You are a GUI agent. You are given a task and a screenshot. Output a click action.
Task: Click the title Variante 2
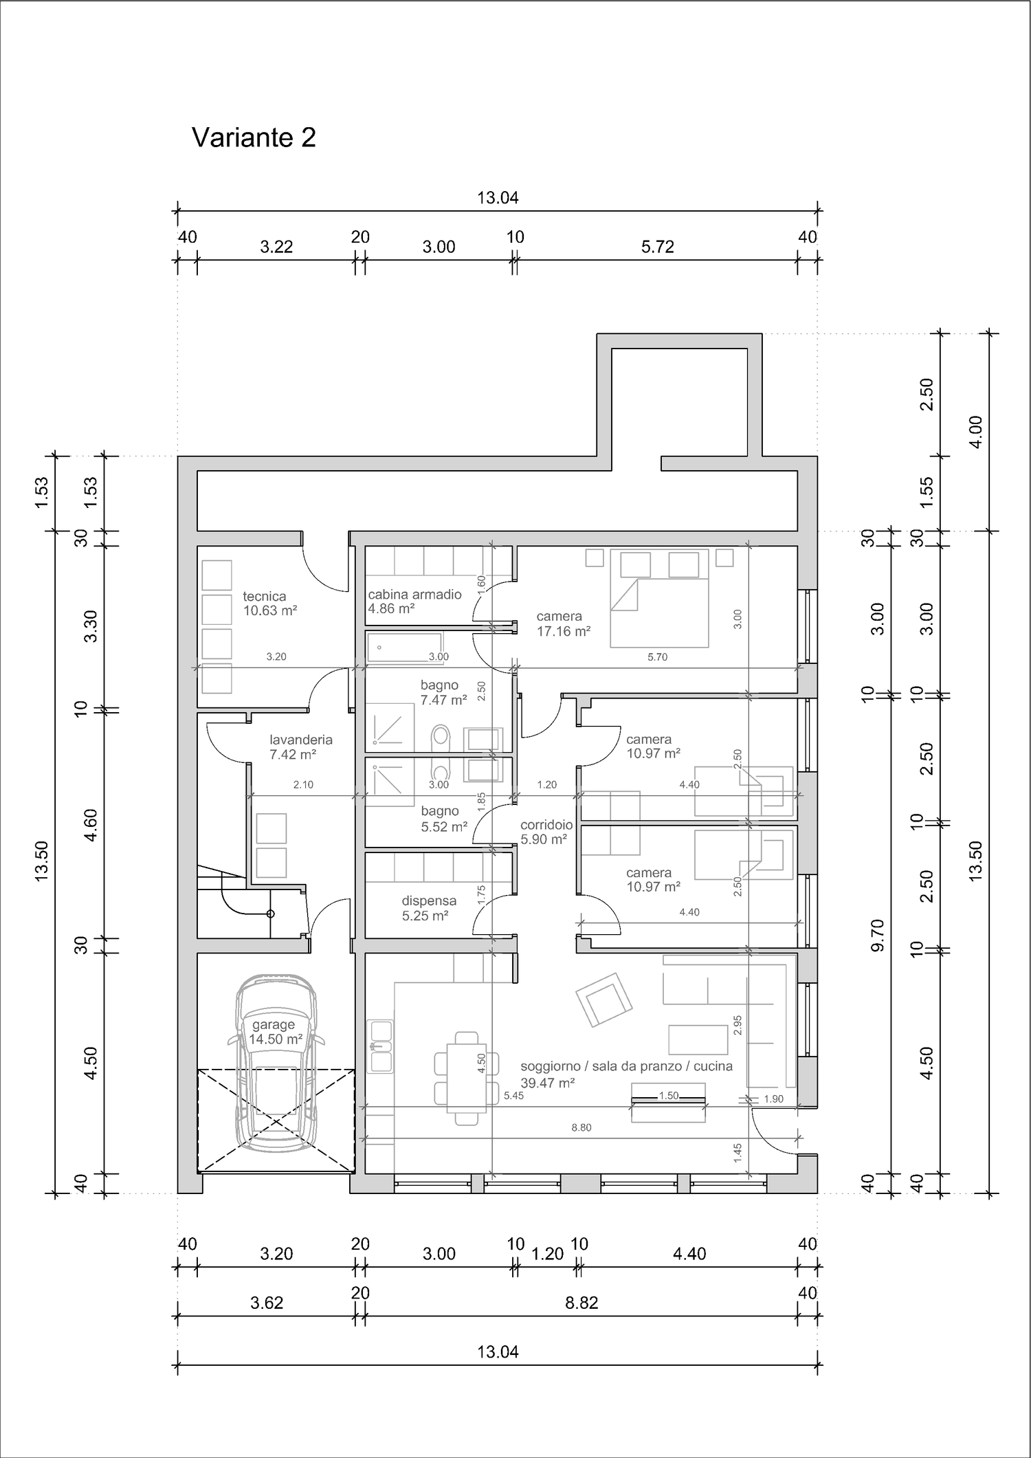click(x=254, y=137)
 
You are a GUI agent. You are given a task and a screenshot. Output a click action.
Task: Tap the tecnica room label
click(x=264, y=597)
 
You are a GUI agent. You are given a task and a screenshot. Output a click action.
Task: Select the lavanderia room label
click(x=301, y=740)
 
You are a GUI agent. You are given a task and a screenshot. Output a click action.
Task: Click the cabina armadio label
click(x=415, y=595)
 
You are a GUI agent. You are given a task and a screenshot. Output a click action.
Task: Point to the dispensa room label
click(x=429, y=901)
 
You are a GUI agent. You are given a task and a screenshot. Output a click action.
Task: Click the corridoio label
click(x=546, y=825)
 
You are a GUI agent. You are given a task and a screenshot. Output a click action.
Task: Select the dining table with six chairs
click(x=467, y=1078)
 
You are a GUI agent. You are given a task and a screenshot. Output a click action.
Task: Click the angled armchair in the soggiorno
click(x=604, y=999)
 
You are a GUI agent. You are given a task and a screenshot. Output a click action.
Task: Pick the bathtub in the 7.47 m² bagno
click(x=405, y=648)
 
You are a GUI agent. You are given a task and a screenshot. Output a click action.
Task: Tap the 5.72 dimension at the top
click(x=657, y=247)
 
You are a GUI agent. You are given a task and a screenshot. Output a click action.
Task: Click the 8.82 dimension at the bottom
click(x=581, y=1303)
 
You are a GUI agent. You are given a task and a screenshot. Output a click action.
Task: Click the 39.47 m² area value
click(x=548, y=1083)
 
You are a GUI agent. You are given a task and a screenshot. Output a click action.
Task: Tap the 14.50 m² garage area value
click(x=276, y=1039)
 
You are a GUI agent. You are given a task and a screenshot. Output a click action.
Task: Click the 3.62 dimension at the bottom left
click(x=267, y=1303)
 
